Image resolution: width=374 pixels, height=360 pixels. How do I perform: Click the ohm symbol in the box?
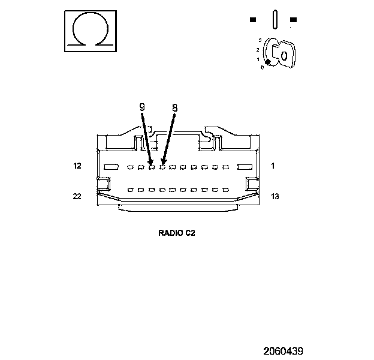click(89, 29)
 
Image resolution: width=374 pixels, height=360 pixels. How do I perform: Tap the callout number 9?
click(142, 108)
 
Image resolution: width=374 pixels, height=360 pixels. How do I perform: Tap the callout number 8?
click(174, 108)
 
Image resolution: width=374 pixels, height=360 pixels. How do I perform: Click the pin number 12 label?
click(77, 166)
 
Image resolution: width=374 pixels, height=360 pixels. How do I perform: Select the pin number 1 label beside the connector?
click(273, 166)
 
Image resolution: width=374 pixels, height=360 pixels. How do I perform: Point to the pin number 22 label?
click(77, 196)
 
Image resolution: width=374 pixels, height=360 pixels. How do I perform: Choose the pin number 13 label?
click(275, 196)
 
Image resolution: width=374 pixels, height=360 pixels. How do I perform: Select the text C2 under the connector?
click(190, 233)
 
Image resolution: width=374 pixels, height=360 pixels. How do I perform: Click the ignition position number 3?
click(259, 40)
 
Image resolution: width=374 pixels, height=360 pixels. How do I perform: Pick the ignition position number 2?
click(257, 49)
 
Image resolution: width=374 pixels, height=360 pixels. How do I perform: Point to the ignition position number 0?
click(262, 67)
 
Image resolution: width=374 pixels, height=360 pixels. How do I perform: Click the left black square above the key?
click(253, 20)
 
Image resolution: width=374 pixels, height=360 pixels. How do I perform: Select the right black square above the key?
click(293, 20)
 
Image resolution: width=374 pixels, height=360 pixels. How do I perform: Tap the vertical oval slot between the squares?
click(273, 19)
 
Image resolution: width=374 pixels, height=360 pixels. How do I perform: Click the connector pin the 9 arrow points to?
click(152, 166)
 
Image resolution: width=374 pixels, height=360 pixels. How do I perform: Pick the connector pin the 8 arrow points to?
click(162, 166)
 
